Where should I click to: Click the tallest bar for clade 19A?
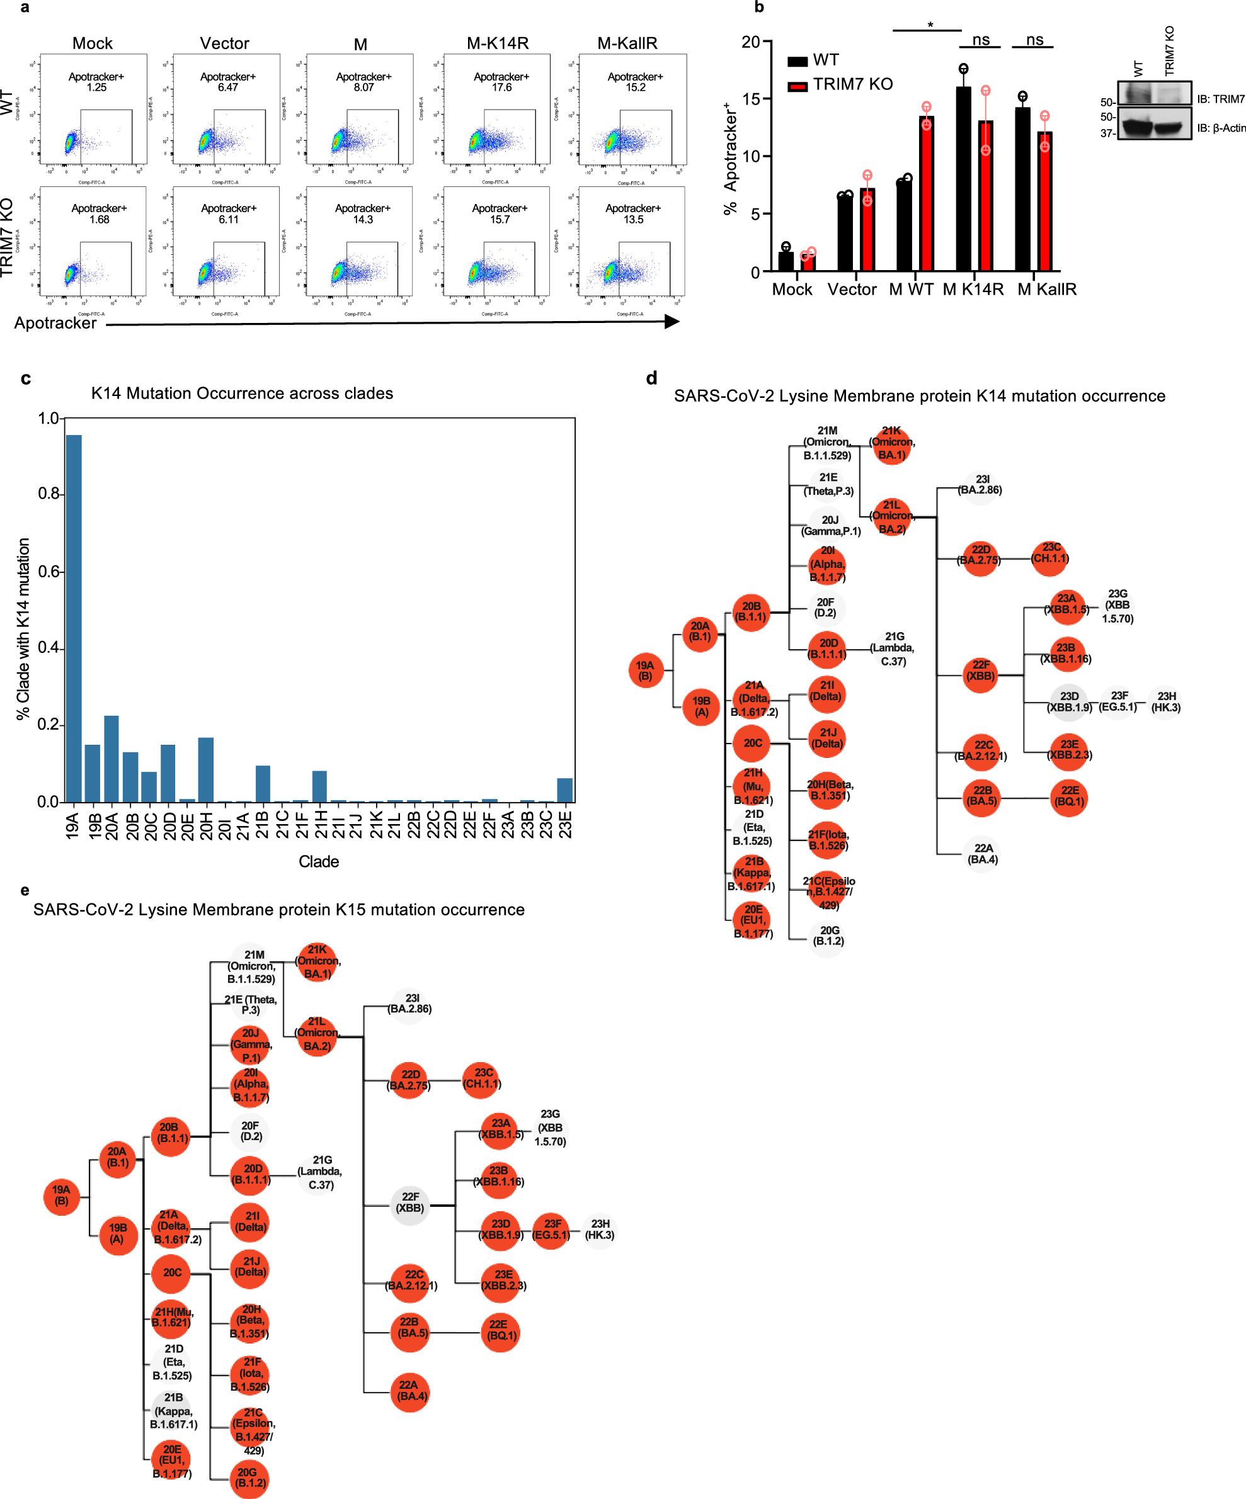tap(74, 618)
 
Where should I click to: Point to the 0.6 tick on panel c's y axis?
tap(48, 571)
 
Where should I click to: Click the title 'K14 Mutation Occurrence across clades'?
tap(241, 393)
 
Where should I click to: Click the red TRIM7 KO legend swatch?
tap(797, 86)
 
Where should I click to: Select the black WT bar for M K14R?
tap(963, 178)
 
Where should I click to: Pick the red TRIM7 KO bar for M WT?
tap(926, 193)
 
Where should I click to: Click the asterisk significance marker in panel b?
tap(930, 26)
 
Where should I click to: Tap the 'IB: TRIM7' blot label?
tap(1220, 99)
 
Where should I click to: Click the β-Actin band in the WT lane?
tap(1136, 128)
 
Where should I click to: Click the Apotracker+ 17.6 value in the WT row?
tap(501, 87)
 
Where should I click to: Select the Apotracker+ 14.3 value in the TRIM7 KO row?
tap(363, 219)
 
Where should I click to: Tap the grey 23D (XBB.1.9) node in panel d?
tap(1068, 703)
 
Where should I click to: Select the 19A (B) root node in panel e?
tap(61, 1196)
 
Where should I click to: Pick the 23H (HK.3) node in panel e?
tap(600, 1229)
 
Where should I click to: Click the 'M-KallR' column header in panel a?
tap(627, 43)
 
